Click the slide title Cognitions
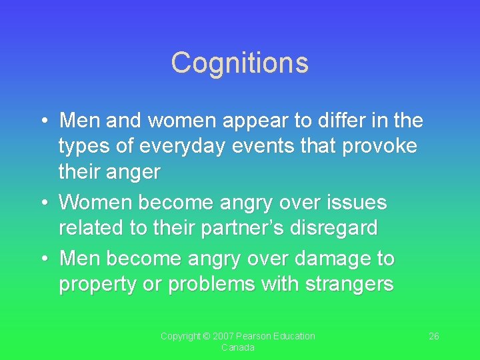click(x=239, y=63)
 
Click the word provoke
click(x=379, y=147)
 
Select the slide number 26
click(x=433, y=336)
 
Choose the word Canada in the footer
click(x=238, y=347)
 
